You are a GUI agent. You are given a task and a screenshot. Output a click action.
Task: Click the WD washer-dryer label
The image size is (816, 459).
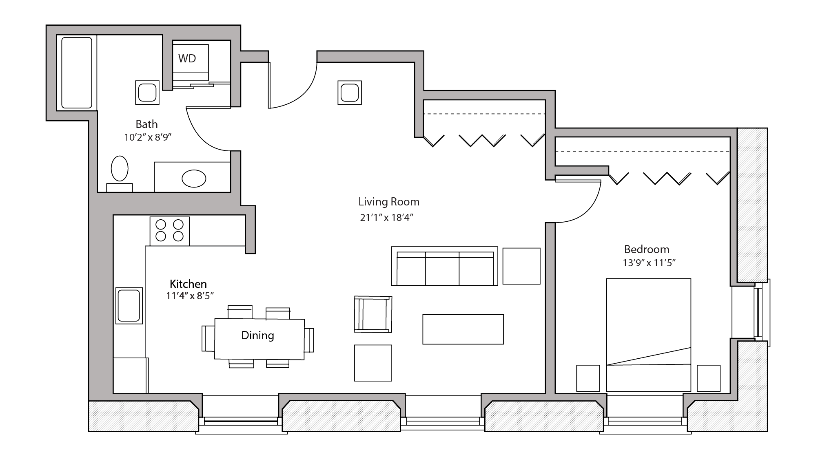tap(187, 58)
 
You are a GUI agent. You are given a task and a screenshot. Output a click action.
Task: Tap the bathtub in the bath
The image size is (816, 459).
tap(76, 73)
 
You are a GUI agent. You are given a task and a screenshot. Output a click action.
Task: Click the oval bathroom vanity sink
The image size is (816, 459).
tap(194, 179)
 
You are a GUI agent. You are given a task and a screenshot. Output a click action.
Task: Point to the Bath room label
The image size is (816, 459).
tap(146, 124)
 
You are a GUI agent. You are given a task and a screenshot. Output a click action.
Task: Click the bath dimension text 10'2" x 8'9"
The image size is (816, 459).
tap(147, 137)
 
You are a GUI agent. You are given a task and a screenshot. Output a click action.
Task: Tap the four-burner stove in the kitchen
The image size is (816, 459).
tap(169, 231)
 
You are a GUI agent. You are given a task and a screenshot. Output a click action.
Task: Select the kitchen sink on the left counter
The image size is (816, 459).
tap(129, 306)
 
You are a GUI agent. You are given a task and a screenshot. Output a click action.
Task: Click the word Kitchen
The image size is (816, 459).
tap(188, 284)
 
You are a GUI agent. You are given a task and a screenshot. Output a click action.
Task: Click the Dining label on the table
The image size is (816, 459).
tap(257, 335)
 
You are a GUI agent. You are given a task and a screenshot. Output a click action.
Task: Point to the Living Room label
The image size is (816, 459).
tap(388, 201)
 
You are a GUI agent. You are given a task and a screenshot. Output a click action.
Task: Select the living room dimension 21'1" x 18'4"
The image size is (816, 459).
tap(387, 218)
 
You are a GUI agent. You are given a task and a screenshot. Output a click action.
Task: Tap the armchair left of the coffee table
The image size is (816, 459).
tap(373, 314)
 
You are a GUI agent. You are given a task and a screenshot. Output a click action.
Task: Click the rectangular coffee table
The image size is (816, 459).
tap(463, 329)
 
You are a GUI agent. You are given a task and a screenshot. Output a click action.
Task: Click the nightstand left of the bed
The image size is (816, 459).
tap(588, 378)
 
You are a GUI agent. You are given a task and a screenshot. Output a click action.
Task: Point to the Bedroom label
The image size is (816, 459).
tap(646, 249)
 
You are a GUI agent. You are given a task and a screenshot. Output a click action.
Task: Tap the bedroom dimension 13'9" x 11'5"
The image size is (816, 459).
tap(649, 263)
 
